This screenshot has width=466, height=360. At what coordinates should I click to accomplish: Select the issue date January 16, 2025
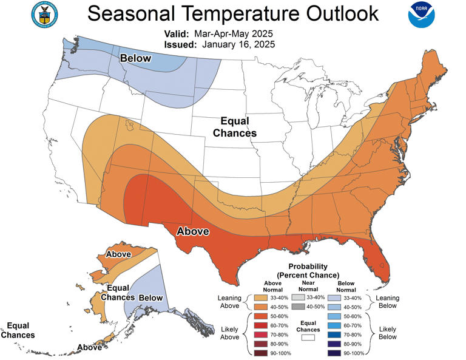point(239,44)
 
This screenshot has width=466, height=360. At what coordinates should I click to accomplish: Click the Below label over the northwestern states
point(135,58)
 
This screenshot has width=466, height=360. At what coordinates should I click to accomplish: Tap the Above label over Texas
point(192,231)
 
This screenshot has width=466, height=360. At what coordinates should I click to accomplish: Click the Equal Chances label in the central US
point(238,127)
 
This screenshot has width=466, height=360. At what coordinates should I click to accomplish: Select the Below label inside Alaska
point(151,297)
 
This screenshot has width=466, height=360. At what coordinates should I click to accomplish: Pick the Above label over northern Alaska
point(118,254)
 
